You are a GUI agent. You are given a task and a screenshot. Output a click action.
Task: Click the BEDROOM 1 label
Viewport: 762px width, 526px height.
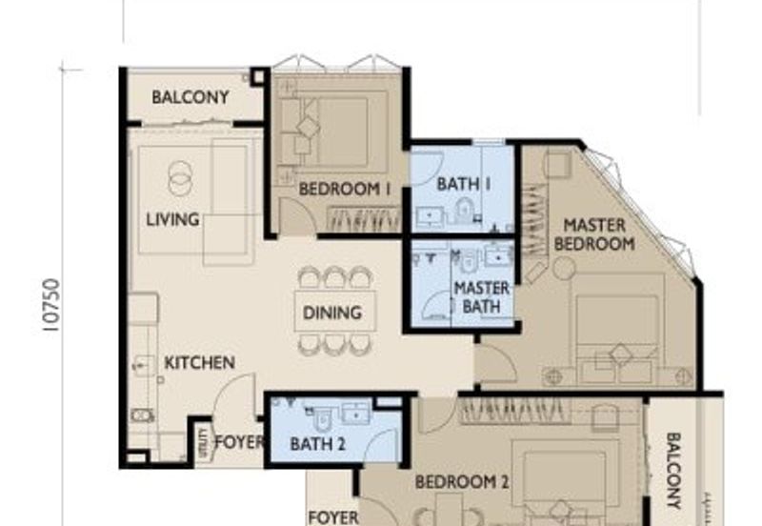tap(345, 190)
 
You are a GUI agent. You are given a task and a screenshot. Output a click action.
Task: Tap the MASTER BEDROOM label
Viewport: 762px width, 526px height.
tap(594, 234)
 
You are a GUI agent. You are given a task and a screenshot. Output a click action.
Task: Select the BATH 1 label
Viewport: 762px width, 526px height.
tap(463, 184)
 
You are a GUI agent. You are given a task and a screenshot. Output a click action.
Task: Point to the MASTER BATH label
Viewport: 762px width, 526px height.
tap(481, 296)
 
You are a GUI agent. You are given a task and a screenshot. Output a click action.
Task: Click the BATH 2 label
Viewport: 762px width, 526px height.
tap(317, 443)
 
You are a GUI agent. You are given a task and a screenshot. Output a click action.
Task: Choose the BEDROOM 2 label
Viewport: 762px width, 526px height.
tap(462, 482)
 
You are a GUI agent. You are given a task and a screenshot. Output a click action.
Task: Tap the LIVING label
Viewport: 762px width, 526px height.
tap(172, 219)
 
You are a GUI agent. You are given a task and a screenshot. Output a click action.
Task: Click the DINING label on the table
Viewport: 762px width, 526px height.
tap(332, 312)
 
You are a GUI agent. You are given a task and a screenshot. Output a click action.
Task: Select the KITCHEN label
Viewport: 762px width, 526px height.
tap(199, 363)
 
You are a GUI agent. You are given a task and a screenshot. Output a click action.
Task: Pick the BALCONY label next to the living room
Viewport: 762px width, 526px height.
tap(190, 97)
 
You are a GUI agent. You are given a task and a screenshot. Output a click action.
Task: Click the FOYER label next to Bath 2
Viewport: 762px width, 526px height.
tap(238, 442)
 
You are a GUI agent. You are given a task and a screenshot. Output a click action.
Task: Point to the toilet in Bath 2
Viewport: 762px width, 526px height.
tap(321, 415)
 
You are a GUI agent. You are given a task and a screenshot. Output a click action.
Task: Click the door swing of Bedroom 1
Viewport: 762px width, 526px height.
tap(297, 219)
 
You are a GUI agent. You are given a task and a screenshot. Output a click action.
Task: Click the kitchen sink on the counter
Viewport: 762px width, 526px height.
tap(144, 363)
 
